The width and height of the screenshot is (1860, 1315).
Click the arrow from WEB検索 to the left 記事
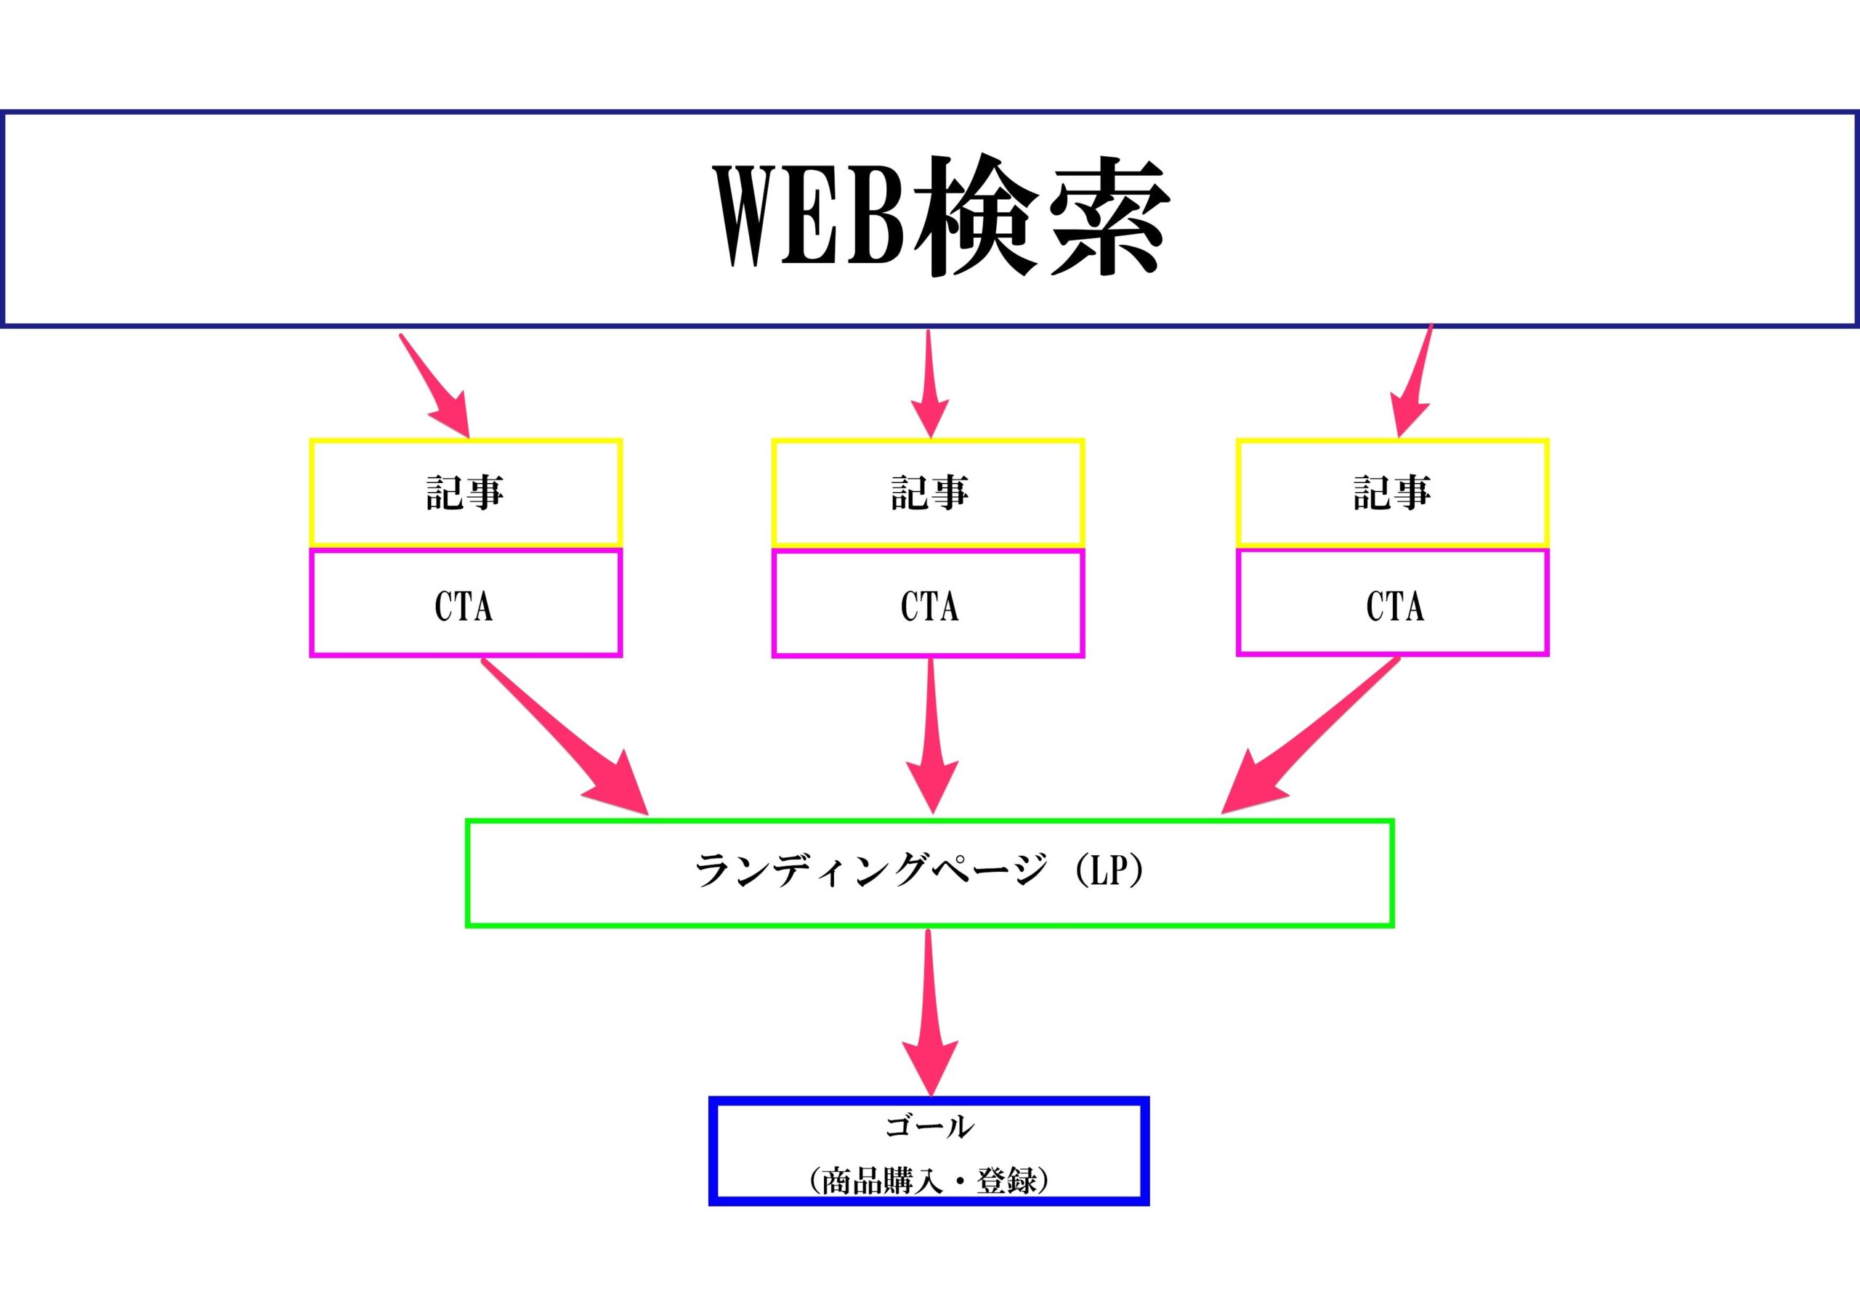coord(434,386)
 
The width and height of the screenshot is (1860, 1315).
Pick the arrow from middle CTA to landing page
coord(931,736)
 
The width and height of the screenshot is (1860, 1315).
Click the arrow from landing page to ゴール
coord(930,1013)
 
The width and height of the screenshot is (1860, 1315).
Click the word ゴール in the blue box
coord(929,1127)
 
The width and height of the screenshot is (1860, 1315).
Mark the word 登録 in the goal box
coord(1007,1181)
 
